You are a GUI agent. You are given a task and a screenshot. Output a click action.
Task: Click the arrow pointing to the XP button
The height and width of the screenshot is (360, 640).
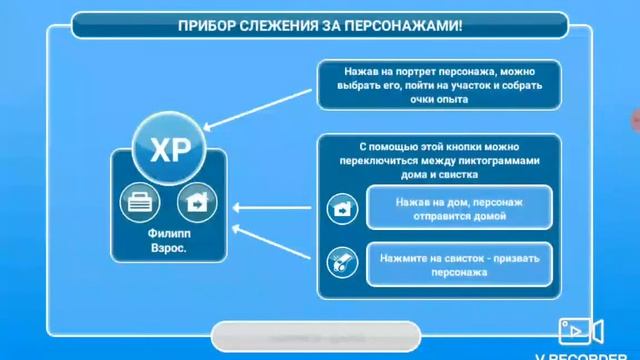point(258,111)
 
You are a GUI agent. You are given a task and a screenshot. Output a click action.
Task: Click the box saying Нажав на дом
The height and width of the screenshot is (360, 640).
point(459,208)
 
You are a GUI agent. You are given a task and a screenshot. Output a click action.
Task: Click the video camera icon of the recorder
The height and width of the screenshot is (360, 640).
point(581,329)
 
